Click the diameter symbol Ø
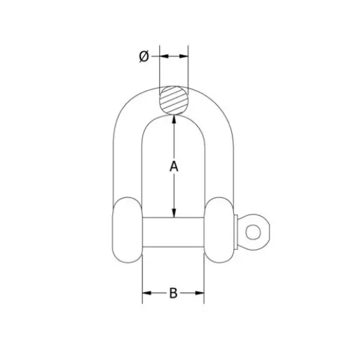pyautogui.click(x=144, y=56)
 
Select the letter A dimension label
pyautogui.click(x=174, y=166)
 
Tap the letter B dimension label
pyautogui.click(x=173, y=294)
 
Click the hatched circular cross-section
pyautogui.click(x=174, y=99)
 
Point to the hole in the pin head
pyautogui.click(x=255, y=230)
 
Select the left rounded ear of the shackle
pyautogui.click(x=125, y=229)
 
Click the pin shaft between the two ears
pyautogui.click(x=173, y=229)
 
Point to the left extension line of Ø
pyautogui.click(x=159, y=69)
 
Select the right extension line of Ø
pyautogui.click(x=189, y=69)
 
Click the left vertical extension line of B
pyautogui.click(x=142, y=277)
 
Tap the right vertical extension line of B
pyautogui.click(x=205, y=277)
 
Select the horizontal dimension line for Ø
pyautogui.click(x=174, y=55)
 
